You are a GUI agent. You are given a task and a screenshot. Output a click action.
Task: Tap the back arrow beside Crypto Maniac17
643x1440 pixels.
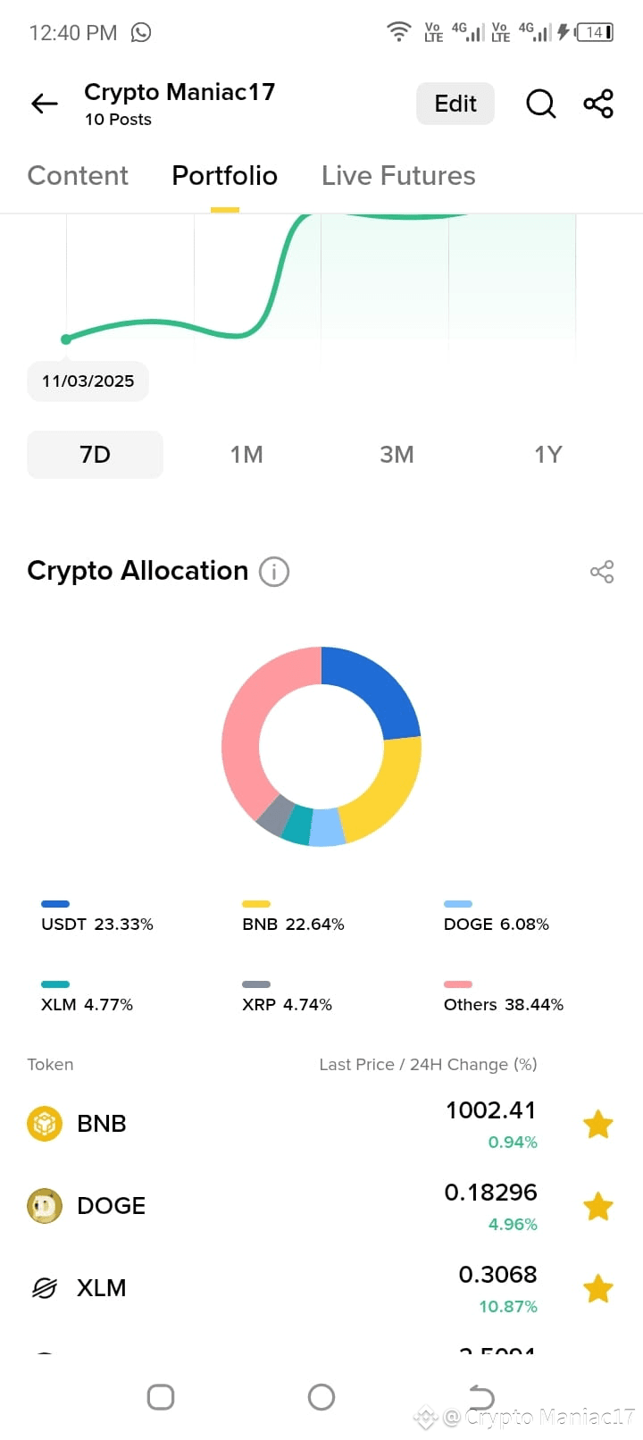tap(44, 104)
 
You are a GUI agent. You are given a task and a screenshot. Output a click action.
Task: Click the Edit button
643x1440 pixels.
tap(455, 104)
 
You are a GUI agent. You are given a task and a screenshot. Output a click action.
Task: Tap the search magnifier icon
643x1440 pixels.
tap(540, 104)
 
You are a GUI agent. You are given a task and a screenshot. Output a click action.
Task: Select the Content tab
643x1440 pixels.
tap(78, 176)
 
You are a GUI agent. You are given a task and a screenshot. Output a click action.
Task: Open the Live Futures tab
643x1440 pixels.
tap(398, 176)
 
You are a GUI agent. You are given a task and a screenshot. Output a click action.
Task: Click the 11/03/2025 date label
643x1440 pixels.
tap(88, 381)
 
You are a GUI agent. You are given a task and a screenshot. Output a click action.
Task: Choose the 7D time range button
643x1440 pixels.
tap(96, 455)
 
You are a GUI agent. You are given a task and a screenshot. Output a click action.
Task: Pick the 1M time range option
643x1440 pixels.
tap(246, 455)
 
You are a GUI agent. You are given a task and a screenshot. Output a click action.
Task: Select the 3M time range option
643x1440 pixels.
tap(397, 455)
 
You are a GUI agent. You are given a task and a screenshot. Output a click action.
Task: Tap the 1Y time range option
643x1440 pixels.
tap(547, 455)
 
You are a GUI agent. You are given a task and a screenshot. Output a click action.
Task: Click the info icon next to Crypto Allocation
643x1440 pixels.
tap(274, 572)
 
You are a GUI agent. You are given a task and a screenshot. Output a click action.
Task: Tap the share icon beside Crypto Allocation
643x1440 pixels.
tap(602, 572)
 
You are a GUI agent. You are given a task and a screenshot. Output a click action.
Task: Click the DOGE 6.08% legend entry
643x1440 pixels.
tap(496, 924)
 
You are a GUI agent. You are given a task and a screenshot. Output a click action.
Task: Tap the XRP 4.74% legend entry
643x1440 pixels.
tap(287, 1004)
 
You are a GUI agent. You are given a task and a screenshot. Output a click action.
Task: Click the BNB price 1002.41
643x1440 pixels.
tap(490, 1110)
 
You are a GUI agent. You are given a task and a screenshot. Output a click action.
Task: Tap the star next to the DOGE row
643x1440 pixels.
tap(597, 1207)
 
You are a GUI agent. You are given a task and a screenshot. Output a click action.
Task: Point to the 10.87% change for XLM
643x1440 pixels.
tap(507, 1307)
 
